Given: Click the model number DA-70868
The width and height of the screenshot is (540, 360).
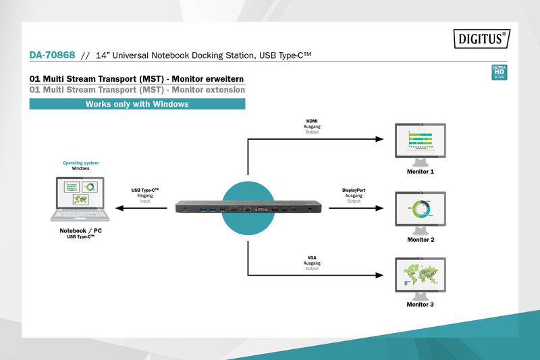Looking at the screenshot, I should (x=52, y=55).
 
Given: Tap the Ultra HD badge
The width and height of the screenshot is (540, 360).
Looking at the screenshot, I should (x=500, y=72).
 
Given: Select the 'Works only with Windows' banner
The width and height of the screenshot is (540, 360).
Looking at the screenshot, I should (x=137, y=104).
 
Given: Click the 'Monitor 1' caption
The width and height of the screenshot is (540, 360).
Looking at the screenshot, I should (x=421, y=172).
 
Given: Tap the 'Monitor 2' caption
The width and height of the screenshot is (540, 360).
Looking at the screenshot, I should (x=421, y=240).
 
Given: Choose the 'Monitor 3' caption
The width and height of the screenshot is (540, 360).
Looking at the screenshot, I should (x=421, y=305).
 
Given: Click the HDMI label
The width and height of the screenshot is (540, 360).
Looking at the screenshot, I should (x=312, y=122).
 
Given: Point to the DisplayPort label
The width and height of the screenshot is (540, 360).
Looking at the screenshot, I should (x=354, y=190).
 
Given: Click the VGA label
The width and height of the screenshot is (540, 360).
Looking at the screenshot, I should (x=312, y=258).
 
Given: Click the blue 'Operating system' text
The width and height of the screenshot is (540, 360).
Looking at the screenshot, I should (x=80, y=163).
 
